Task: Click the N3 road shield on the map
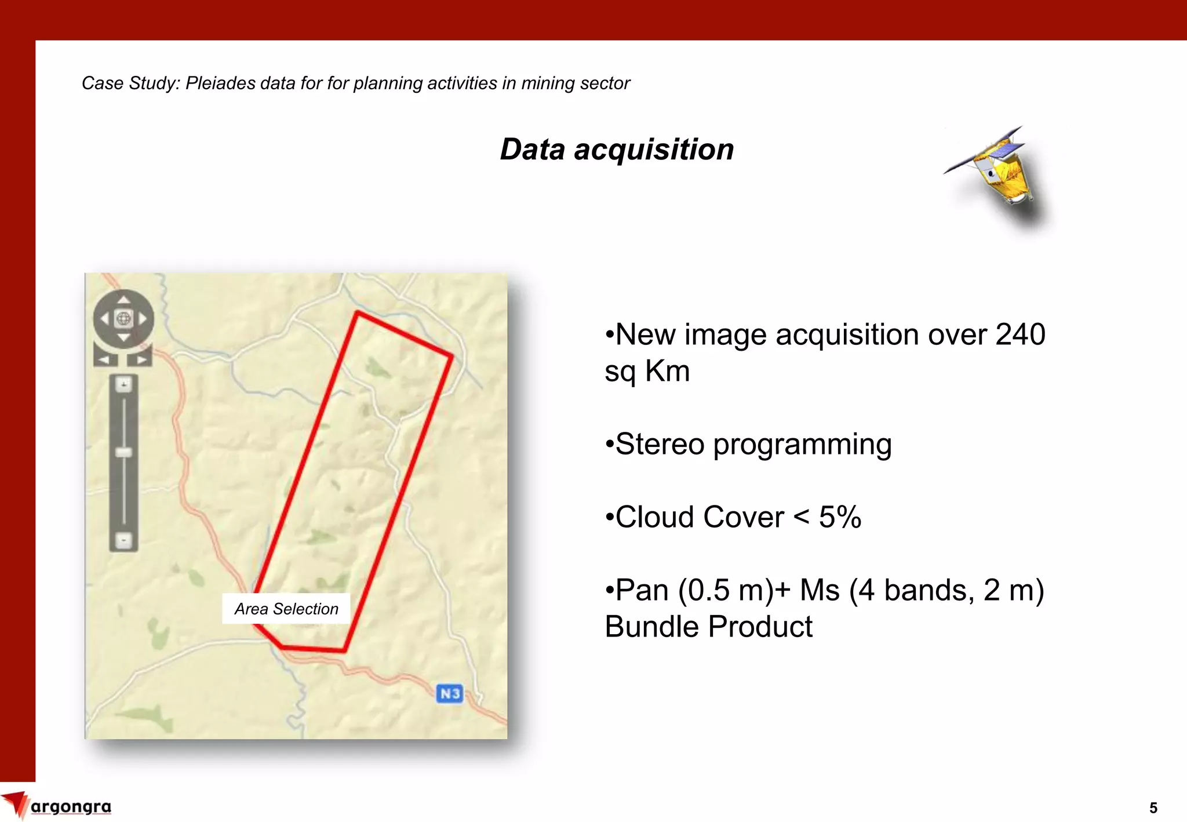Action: tap(450, 693)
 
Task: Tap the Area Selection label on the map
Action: tap(286, 609)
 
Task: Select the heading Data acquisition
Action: tap(617, 149)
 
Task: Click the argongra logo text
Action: tap(71, 807)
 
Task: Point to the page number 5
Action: tap(1153, 808)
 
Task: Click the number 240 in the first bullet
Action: tap(1020, 334)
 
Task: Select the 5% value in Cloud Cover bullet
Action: tap(840, 517)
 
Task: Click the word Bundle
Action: tap(651, 627)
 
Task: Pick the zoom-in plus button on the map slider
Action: tap(123, 384)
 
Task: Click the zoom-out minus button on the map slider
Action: tap(123, 540)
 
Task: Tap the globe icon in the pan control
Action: tap(123, 318)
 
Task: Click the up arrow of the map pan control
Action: tap(123, 300)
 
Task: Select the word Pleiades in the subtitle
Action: tap(220, 83)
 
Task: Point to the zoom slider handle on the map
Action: tap(123, 452)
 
